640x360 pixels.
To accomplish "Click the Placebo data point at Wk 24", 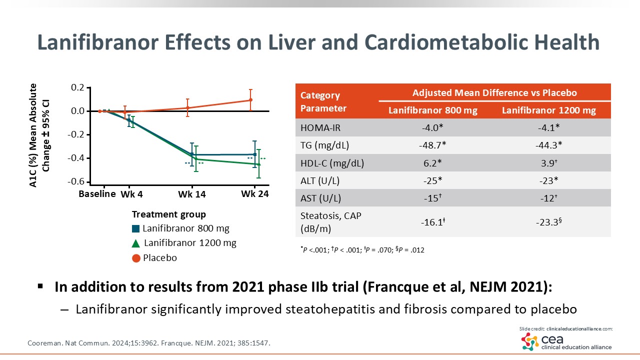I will pos(250,100).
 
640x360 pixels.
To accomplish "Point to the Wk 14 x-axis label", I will pos(192,194).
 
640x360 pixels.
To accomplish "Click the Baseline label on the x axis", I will pos(97,194).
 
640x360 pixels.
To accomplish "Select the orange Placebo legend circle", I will pos(136,258).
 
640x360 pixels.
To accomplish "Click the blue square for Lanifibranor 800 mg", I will pos(136,229).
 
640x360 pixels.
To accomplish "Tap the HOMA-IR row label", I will pos(320,127).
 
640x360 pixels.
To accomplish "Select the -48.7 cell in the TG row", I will pos(433,145).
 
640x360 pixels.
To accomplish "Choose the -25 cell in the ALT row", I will pos(433,180).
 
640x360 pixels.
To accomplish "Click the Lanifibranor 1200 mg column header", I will pos(549,110).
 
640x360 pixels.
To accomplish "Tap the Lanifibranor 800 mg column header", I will pos(433,110).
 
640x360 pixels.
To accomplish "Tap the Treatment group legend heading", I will pos(168,214).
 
